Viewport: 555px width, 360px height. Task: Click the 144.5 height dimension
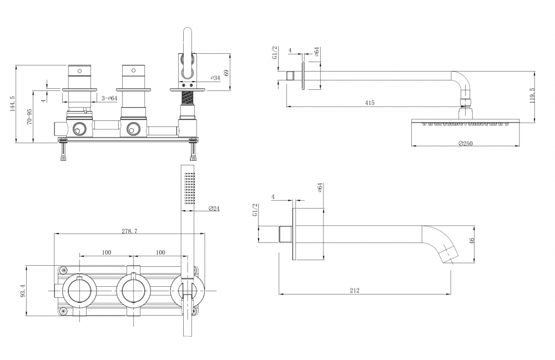point(12,104)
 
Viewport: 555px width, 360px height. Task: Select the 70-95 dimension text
point(29,116)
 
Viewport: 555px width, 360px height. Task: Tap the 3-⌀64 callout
point(109,98)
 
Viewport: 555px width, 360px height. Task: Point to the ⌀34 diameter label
point(215,78)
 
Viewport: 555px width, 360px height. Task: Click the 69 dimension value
point(225,73)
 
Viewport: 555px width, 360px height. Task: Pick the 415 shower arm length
point(370,103)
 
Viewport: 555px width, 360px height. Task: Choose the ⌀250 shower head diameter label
point(465,144)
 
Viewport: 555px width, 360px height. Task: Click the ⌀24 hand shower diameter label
point(215,208)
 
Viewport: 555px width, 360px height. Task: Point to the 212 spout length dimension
point(355,290)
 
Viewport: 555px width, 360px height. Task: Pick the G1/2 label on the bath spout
point(255,213)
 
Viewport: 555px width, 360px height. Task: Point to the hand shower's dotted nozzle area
point(190,189)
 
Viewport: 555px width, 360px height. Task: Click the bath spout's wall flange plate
point(294,234)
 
